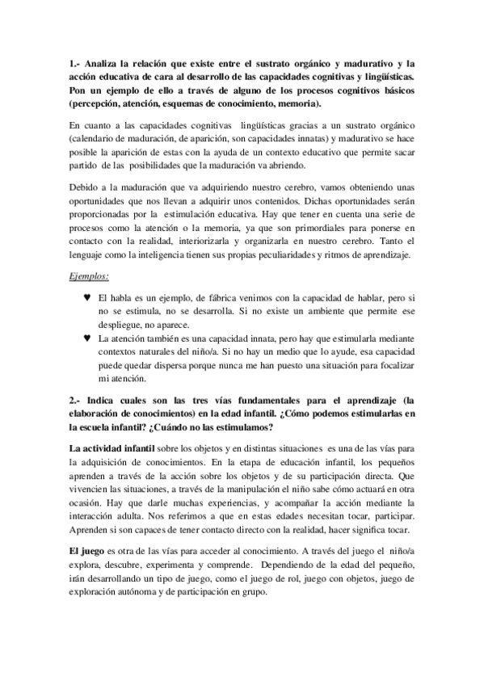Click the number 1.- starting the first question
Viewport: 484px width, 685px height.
coord(74,64)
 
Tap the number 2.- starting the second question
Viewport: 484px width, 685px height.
coord(74,400)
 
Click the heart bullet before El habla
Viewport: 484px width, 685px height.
coord(87,297)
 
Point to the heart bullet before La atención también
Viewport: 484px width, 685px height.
coord(87,337)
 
